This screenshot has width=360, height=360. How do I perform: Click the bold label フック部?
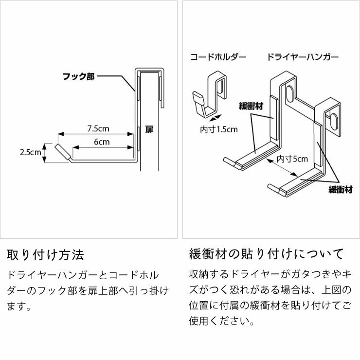click(x=78, y=77)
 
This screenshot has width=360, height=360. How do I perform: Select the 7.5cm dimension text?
click(x=98, y=129)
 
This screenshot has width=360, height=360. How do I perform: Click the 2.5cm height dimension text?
click(x=30, y=152)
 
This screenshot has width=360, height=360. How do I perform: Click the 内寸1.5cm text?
click(x=219, y=129)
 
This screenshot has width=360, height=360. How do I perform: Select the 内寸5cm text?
click(x=292, y=159)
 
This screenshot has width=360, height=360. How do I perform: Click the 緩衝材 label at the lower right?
click(x=340, y=190)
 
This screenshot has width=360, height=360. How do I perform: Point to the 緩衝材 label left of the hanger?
click(x=251, y=106)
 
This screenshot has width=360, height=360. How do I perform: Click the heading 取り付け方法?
click(x=46, y=254)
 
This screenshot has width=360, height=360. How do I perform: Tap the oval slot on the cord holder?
click(x=222, y=88)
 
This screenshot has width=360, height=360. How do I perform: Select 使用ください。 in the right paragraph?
click(x=221, y=322)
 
